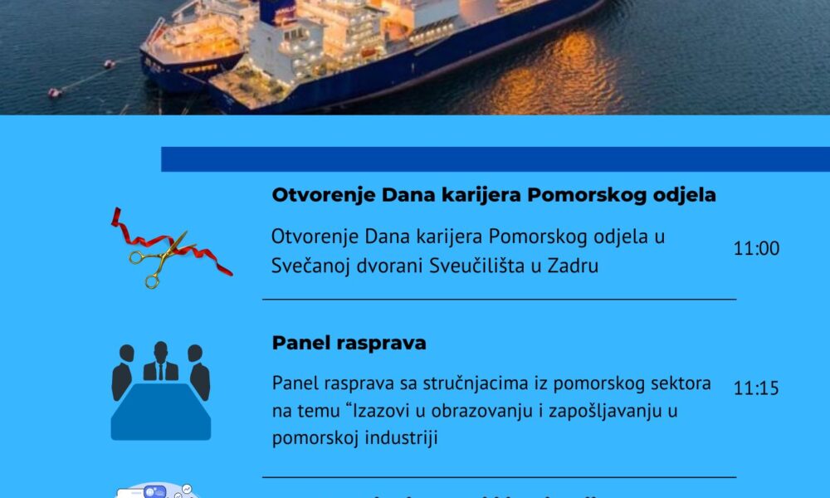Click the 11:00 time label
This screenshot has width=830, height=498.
click(x=756, y=249)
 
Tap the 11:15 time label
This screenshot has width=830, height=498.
click(x=756, y=388)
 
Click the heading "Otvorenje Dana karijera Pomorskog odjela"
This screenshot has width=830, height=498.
click(x=494, y=196)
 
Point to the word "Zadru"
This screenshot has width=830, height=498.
click(x=574, y=266)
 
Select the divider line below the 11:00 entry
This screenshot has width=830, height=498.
click(x=499, y=299)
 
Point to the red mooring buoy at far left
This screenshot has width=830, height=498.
click(x=55, y=92)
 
